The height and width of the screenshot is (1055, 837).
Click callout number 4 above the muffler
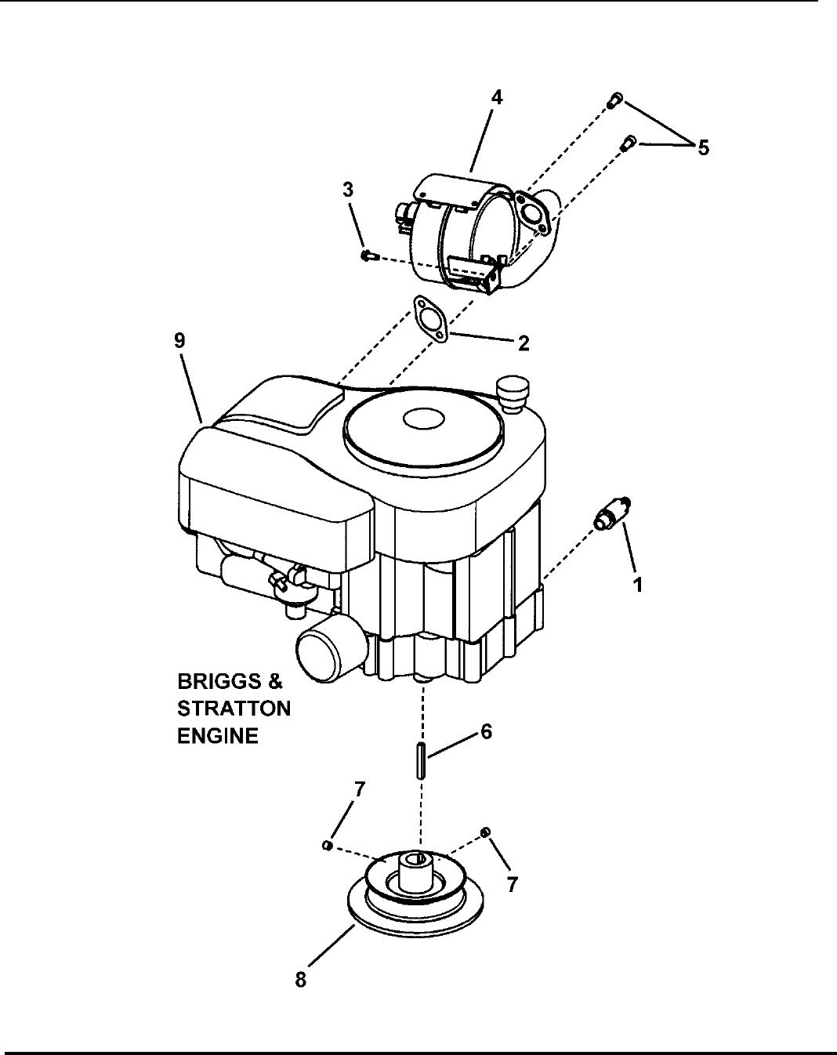497,98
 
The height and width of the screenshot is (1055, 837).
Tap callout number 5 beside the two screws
703,147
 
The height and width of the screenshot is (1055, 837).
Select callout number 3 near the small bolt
348,190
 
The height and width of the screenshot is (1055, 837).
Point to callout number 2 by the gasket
524,343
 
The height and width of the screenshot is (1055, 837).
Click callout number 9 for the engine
180,340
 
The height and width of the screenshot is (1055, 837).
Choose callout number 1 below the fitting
637,585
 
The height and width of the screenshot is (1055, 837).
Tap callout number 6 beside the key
485,732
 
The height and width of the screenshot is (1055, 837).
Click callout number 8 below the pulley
301,979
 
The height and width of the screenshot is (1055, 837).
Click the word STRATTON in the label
234,709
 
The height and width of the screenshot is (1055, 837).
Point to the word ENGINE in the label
218,736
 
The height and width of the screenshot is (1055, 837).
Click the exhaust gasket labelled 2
429,318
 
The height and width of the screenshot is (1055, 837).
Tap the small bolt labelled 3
368,255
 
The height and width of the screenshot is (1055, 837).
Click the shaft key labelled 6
421,760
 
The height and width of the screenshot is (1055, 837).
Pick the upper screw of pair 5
615,100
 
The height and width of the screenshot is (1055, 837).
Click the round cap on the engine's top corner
513,394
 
